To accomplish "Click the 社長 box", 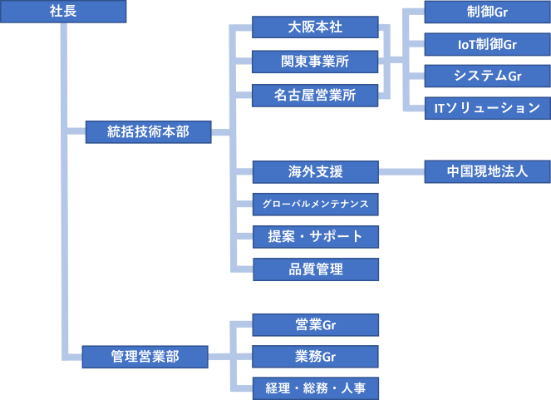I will (63, 12).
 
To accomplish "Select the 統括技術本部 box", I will (148, 131).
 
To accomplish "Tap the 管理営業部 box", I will (145, 357).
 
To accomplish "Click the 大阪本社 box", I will (315, 27).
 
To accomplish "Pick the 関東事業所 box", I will (315, 62).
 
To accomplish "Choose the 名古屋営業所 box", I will (315, 96).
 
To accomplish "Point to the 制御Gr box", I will (487, 12).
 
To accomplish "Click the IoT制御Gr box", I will (487, 44).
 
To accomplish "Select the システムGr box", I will (487, 76).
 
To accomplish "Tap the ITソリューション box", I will (487, 107).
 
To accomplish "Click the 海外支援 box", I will (315, 172).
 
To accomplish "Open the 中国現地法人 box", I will (487, 172).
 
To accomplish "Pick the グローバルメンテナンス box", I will (315, 204).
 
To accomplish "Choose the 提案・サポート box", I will (315, 236).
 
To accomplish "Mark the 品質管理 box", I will (315, 269).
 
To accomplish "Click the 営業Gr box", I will (315, 324).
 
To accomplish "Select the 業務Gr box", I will (315, 357).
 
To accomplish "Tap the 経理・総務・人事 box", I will (315, 388).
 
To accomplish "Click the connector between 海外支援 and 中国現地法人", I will (401, 172).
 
